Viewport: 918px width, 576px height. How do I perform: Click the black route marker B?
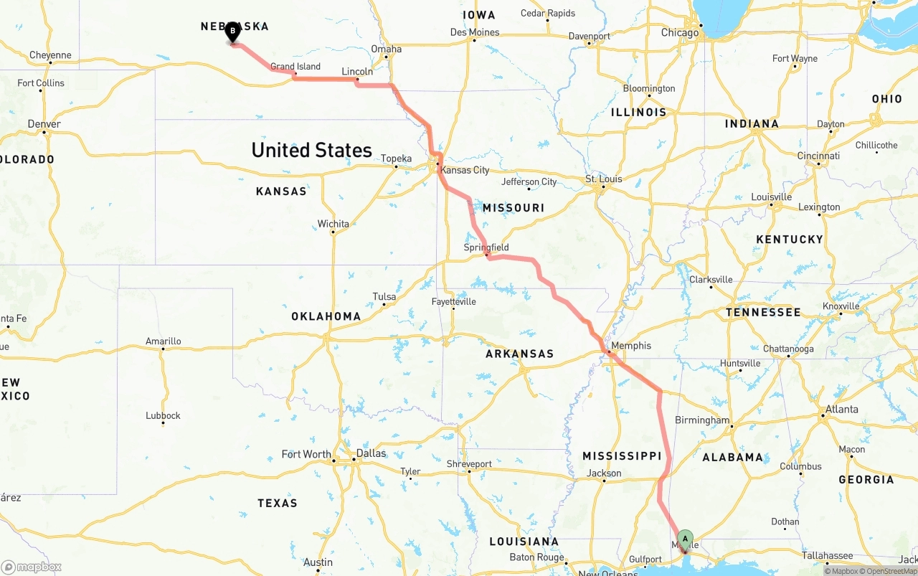(x=232, y=32)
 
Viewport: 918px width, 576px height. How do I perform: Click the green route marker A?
(x=685, y=539)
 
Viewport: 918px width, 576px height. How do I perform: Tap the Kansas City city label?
(x=465, y=170)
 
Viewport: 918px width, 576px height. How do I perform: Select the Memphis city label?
(x=631, y=346)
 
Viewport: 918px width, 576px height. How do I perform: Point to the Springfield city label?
(x=486, y=247)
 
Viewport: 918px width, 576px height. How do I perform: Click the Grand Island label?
(x=295, y=67)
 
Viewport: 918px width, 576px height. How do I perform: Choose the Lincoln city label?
(x=357, y=72)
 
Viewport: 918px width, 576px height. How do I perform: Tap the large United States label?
(x=311, y=150)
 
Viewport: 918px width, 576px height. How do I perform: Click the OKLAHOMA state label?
(x=326, y=316)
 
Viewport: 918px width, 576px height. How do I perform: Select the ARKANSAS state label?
(x=519, y=354)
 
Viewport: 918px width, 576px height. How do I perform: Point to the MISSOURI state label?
(x=513, y=208)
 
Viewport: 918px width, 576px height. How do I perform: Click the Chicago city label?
(x=680, y=33)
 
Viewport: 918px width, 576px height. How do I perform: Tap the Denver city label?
(x=44, y=124)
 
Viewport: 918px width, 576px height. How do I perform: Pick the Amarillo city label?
(x=163, y=341)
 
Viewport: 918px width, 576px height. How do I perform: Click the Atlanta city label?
(x=841, y=410)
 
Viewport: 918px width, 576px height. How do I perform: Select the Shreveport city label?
(x=469, y=464)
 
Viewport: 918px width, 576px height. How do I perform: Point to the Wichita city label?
(x=333, y=224)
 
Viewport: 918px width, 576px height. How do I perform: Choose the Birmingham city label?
(x=702, y=420)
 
